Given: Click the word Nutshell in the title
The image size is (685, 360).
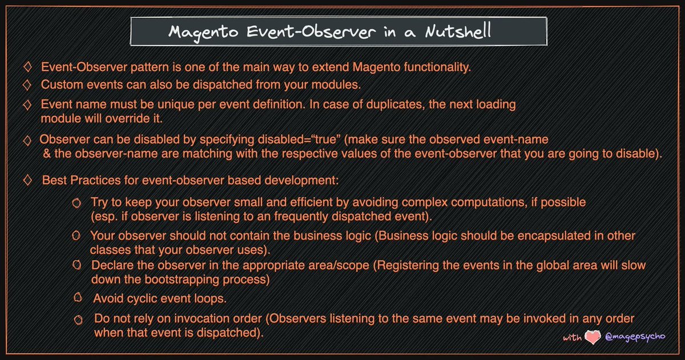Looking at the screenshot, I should (457, 32).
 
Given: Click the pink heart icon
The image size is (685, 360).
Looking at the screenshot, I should (593, 338).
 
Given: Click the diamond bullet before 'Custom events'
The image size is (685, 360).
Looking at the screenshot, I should (27, 84).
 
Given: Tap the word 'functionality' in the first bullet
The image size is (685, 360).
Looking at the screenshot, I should (438, 68).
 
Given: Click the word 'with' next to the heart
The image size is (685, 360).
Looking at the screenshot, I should (572, 338).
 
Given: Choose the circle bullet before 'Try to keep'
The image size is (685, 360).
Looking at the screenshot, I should (76, 203).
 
